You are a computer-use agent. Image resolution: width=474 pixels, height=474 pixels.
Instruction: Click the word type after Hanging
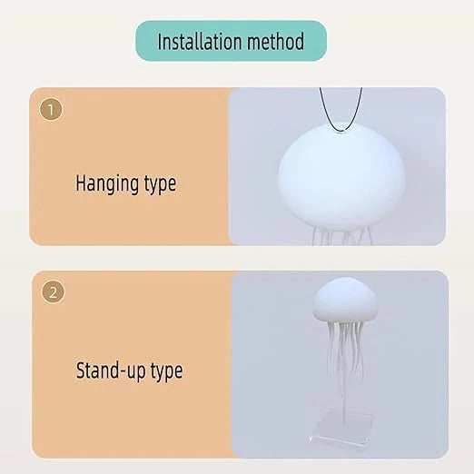159,184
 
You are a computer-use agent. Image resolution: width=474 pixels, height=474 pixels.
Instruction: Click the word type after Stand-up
165,370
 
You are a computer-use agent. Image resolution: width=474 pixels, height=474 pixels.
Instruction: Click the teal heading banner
231,41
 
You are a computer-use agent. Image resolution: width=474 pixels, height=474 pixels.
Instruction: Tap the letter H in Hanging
79,184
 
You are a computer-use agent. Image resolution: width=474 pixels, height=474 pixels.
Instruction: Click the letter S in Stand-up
80,370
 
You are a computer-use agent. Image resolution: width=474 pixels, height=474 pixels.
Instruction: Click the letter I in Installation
161,42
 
